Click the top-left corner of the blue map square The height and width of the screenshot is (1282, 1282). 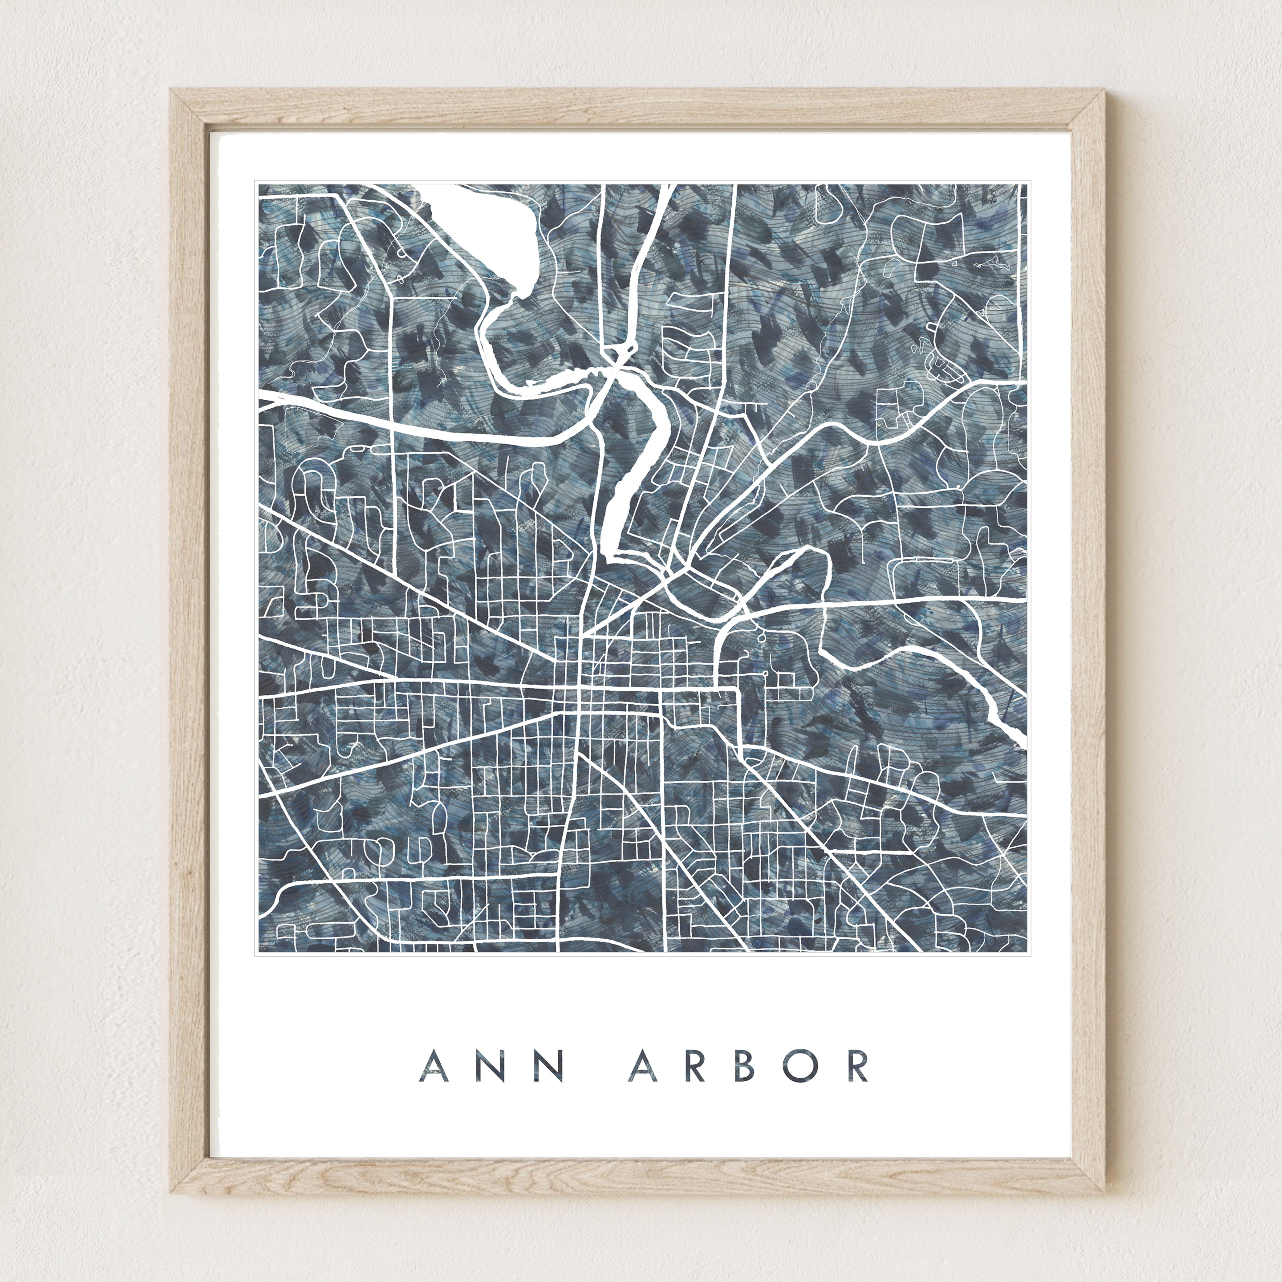tap(259, 184)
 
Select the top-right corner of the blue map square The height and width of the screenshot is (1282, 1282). tap(1026, 184)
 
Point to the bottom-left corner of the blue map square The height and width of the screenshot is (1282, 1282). tap(259, 953)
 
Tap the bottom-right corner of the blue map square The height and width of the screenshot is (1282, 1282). tap(1026, 953)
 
